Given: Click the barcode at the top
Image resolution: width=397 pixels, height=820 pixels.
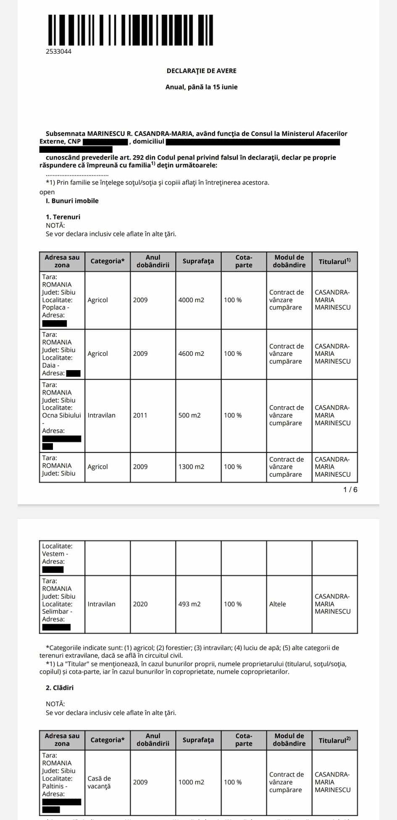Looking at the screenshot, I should click(130, 30).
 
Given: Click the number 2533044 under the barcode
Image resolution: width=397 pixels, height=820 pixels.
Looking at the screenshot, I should click(58, 52).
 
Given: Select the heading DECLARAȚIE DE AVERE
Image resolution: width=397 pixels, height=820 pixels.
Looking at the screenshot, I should click(201, 71).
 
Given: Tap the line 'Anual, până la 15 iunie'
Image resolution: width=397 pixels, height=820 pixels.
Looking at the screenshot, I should click(201, 87).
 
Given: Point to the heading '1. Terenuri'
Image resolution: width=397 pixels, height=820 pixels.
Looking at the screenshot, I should click(63, 217).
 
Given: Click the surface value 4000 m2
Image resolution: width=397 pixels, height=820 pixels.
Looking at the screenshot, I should click(191, 300).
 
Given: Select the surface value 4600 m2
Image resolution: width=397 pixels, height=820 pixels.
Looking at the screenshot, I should click(191, 354).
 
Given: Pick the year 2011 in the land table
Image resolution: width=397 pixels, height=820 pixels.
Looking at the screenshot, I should click(140, 415).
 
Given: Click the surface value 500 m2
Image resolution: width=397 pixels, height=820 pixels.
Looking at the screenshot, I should click(189, 415).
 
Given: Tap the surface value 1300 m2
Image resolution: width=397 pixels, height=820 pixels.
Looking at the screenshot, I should click(191, 467).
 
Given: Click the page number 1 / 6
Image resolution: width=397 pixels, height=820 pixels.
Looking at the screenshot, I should click(350, 490).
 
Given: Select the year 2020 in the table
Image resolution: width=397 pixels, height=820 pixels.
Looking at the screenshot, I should click(140, 604).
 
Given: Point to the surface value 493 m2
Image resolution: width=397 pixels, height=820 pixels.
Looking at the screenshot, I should click(189, 604).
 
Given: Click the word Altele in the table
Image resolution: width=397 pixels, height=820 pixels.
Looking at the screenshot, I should click(277, 604).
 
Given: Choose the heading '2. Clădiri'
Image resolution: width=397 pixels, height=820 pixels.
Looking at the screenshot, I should click(60, 688).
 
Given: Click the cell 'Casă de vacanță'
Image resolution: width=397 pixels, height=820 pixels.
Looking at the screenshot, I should click(99, 782).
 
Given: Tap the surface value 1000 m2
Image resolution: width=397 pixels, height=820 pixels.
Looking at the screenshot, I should click(191, 782).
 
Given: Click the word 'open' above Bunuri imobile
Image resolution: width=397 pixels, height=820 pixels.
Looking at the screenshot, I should click(47, 192).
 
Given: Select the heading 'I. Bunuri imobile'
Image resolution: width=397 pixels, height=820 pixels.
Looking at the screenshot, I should click(72, 201).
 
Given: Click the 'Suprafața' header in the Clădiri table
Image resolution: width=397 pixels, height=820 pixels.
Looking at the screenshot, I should click(198, 740).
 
